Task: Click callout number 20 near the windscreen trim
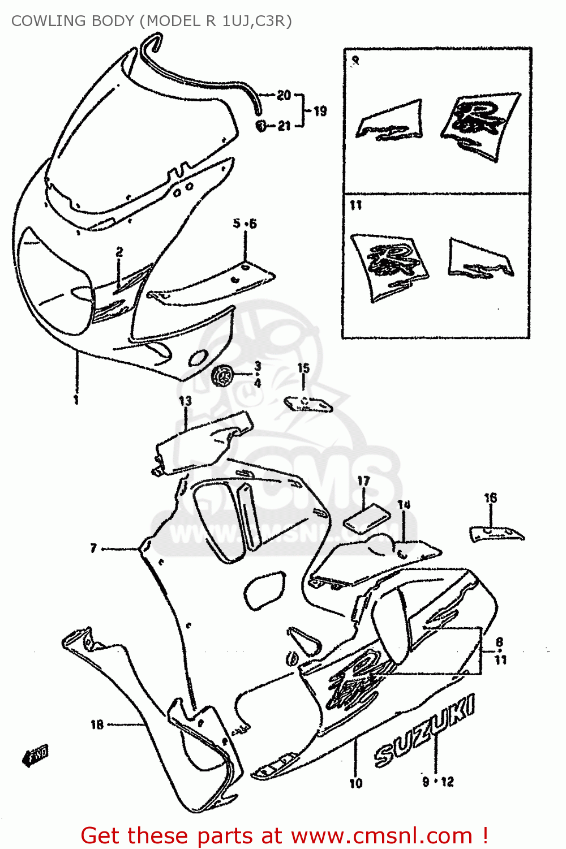point(284,96)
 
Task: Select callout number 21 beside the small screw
point(284,126)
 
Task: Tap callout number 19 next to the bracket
point(320,111)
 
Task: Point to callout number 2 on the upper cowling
point(119,252)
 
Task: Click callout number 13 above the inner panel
point(185,401)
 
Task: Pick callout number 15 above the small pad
point(303,368)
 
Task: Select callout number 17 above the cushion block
point(363,481)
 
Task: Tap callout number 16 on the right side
point(490,498)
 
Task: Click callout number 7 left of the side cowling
point(93,548)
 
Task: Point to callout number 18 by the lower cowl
point(97,724)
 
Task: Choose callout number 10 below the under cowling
point(355,783)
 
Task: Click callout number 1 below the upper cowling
point(76,400)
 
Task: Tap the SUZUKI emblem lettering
point(424,730)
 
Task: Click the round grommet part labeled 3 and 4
point(222,376)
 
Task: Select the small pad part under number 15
point(308,404)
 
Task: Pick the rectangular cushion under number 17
point(367,517)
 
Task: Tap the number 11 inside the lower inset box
point(355,205)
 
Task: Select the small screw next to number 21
point(261,126)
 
